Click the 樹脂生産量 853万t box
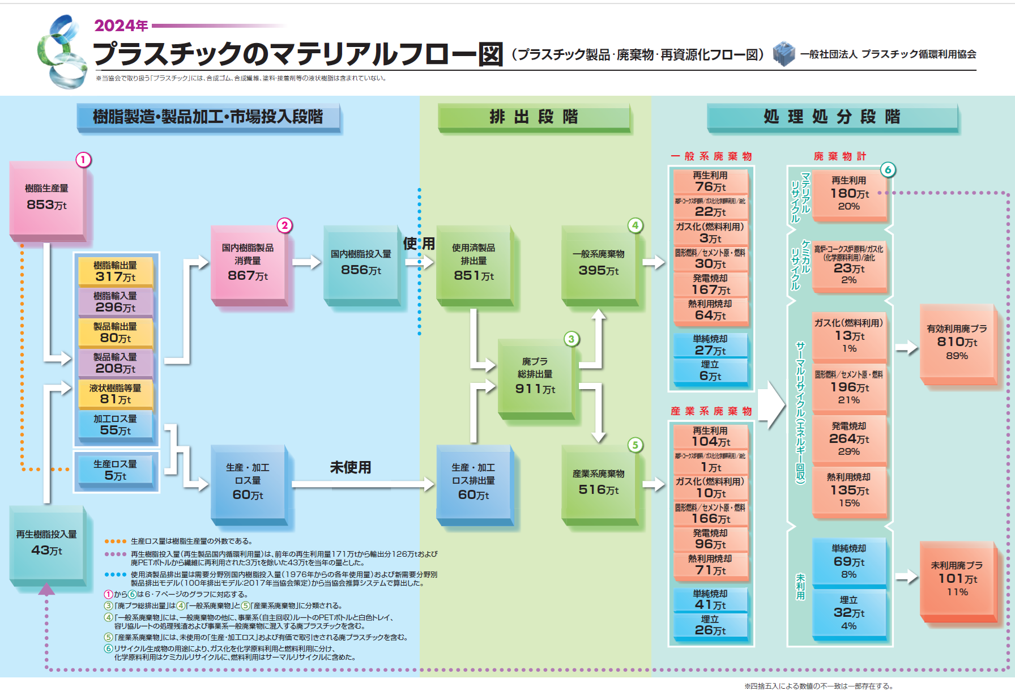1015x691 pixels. (47, 198)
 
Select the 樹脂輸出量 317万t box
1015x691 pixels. (115, 272)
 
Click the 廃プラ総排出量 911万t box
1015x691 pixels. (535, 376)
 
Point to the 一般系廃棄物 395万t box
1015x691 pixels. (598, 263)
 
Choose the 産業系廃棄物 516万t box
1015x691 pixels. (598, 483)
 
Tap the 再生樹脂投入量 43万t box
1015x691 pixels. (46, 543)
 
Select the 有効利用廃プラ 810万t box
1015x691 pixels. (957, 343)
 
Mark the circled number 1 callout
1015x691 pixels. (83, 160)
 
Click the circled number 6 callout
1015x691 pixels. (888, 169)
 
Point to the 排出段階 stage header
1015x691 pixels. (534, 117)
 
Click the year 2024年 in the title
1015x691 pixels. (121, 25)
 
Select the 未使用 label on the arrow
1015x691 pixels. (351, 467)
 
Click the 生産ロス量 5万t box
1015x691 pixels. (115, 471)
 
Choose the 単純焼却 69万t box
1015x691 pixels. (848, 561)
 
